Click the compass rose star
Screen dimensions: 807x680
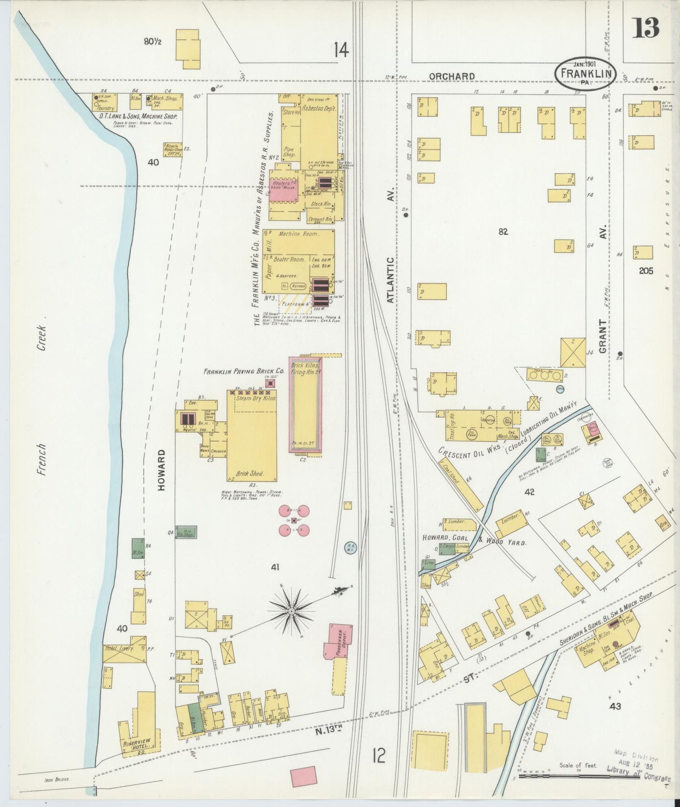[291, 611]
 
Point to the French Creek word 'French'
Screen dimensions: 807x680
[42, 459]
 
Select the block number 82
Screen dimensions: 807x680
[503, 232]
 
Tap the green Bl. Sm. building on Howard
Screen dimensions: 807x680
[138, 549]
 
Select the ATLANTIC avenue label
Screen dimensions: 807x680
[390, 282]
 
